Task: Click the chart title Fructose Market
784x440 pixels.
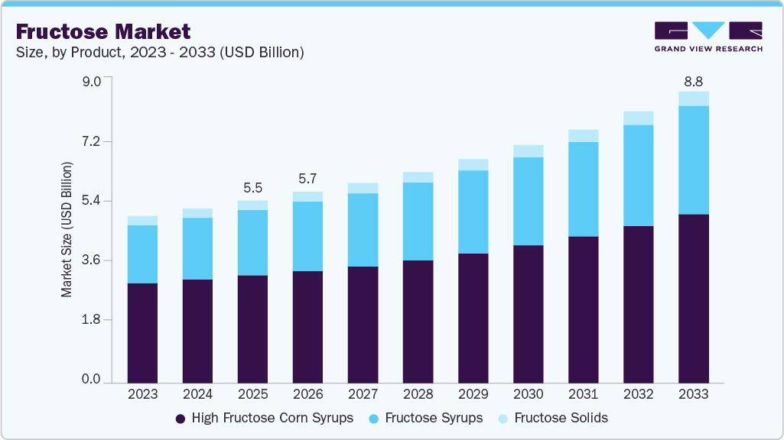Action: coord(103,31)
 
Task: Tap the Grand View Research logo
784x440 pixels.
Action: coord(708,37)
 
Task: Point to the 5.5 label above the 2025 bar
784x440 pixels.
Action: coord(252,186)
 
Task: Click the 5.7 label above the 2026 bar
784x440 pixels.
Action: coord(307,178)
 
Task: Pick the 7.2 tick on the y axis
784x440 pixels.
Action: coord(91,142)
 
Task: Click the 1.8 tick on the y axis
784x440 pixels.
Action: coord(91,320)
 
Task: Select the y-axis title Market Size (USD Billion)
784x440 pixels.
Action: coord(67,230)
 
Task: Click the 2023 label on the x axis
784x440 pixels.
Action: coord(142,394)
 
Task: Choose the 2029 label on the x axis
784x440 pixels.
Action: coord(473,394)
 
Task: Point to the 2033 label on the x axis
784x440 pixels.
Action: coord(693,394)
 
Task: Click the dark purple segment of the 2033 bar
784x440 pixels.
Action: coord(693,298)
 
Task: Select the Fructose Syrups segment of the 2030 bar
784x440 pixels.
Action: coord(528,201)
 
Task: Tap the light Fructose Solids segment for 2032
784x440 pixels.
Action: coord(638,118)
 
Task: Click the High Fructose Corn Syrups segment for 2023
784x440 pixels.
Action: coord(142,332)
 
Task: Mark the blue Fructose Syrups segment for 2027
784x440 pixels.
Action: coord(363,230)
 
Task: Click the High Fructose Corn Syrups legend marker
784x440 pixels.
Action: coord(181,419)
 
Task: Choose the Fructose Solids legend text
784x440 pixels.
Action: coord(561,418)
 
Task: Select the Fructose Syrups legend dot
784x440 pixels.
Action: coord(374,419)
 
